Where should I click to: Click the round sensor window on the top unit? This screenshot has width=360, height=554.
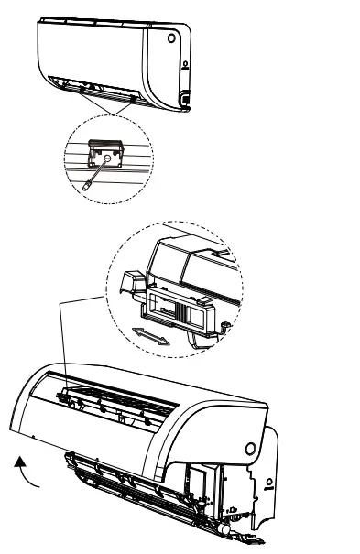click(x=171, y=40)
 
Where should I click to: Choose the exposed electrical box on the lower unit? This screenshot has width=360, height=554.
click(x=203, y=484)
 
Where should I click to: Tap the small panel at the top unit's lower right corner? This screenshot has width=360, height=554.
click(x=185, y=95)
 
